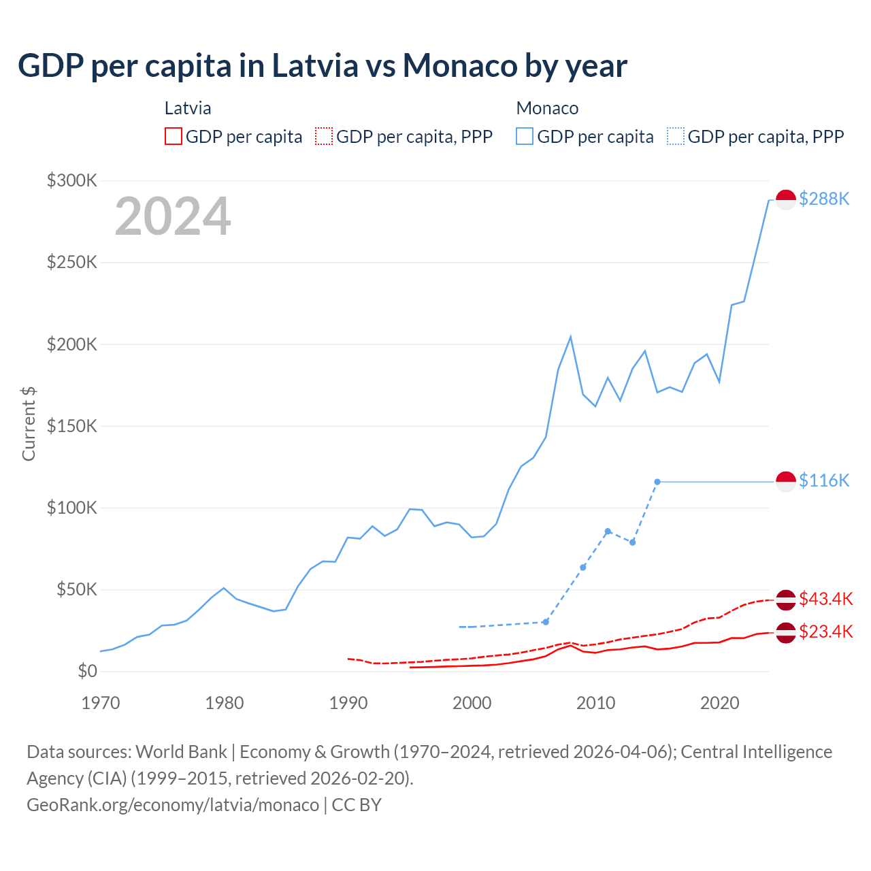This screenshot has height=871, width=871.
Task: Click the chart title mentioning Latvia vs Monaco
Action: pos(323,66)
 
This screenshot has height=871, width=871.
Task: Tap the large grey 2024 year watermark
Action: pos(173,216)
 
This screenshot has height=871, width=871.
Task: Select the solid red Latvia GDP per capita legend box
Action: pos(174,136)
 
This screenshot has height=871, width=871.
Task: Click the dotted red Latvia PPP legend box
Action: pos(324,136)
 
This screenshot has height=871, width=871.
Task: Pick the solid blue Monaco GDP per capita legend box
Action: pos(525,136)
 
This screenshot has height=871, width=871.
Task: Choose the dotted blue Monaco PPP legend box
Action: pos(676,136)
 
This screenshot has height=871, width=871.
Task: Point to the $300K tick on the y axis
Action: pos(72,180)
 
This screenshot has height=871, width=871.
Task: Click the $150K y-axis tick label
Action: pos(72,426)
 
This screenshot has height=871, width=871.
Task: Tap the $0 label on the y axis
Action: pos(87,672)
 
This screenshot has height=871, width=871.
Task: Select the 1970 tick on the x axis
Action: pos(100,703)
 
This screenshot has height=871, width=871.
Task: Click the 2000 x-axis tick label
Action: pos(472,703)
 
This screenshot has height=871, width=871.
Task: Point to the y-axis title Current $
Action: pos(29,423)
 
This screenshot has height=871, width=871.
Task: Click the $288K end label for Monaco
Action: pos(824,199)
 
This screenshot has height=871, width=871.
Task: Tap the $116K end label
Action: pos(824,481)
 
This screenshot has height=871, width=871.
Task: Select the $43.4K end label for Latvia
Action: pos(825,599)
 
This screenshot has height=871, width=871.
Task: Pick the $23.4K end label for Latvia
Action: pos(825,632)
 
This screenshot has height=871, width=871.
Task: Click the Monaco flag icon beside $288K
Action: pos(786,199)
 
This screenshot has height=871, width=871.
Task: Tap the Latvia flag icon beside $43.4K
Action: pos(786,599)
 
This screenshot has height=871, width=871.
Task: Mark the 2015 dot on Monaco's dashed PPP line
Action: pos(657,482)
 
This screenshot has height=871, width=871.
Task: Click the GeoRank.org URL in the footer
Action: pos(173,805)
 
